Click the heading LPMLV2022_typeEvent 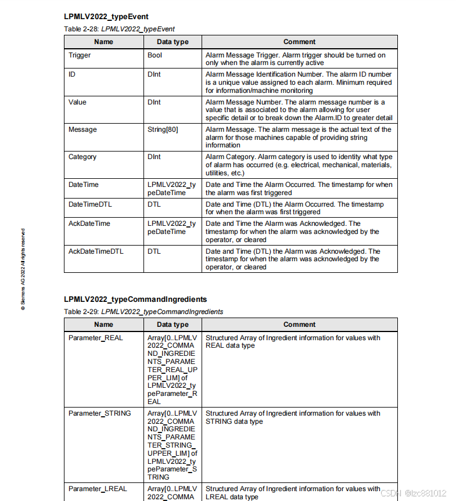click(x=106, y=17)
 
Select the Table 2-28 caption click(x=119, y=28)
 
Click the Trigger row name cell click(x=80, y=55)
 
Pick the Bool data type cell click(x=155, y=55)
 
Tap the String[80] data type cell click(x=163, y=129)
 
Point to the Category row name click(x=82, y=157)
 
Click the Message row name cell click(x=82, y=129)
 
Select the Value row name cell click(x=77, y=102)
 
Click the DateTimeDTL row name click(x=89, y=204)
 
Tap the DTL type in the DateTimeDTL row click(x=154, y=204)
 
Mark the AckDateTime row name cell click(x=89, y=224)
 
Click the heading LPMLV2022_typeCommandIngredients click(x=135, y=300)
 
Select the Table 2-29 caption click(x=143, y=312)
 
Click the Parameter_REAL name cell click(x=96, y=338)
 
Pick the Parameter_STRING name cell click(x=99, y=413)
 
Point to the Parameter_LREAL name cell click(x=98, y=489)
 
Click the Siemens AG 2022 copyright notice click(x=23, y=269)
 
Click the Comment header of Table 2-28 click(x=299, y=42)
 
